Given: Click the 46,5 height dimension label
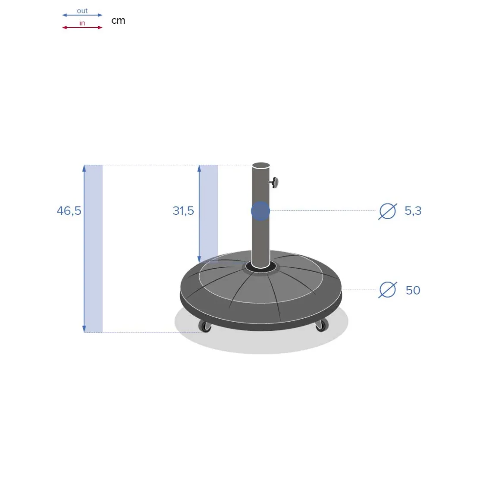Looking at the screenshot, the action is [69, 211].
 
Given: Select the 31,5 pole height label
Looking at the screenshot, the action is [183, 211].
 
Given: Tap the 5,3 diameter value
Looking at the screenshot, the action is [413, 211].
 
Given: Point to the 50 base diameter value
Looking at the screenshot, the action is [413, 290].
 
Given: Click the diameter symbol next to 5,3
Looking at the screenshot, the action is [388, 211].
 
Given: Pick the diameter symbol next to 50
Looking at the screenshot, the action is [388, 290].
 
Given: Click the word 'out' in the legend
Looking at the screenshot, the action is [82, 11].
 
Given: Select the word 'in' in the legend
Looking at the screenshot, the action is [82, 23].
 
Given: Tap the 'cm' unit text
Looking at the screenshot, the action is [118, 21].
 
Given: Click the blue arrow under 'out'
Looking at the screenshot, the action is [82, 15].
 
